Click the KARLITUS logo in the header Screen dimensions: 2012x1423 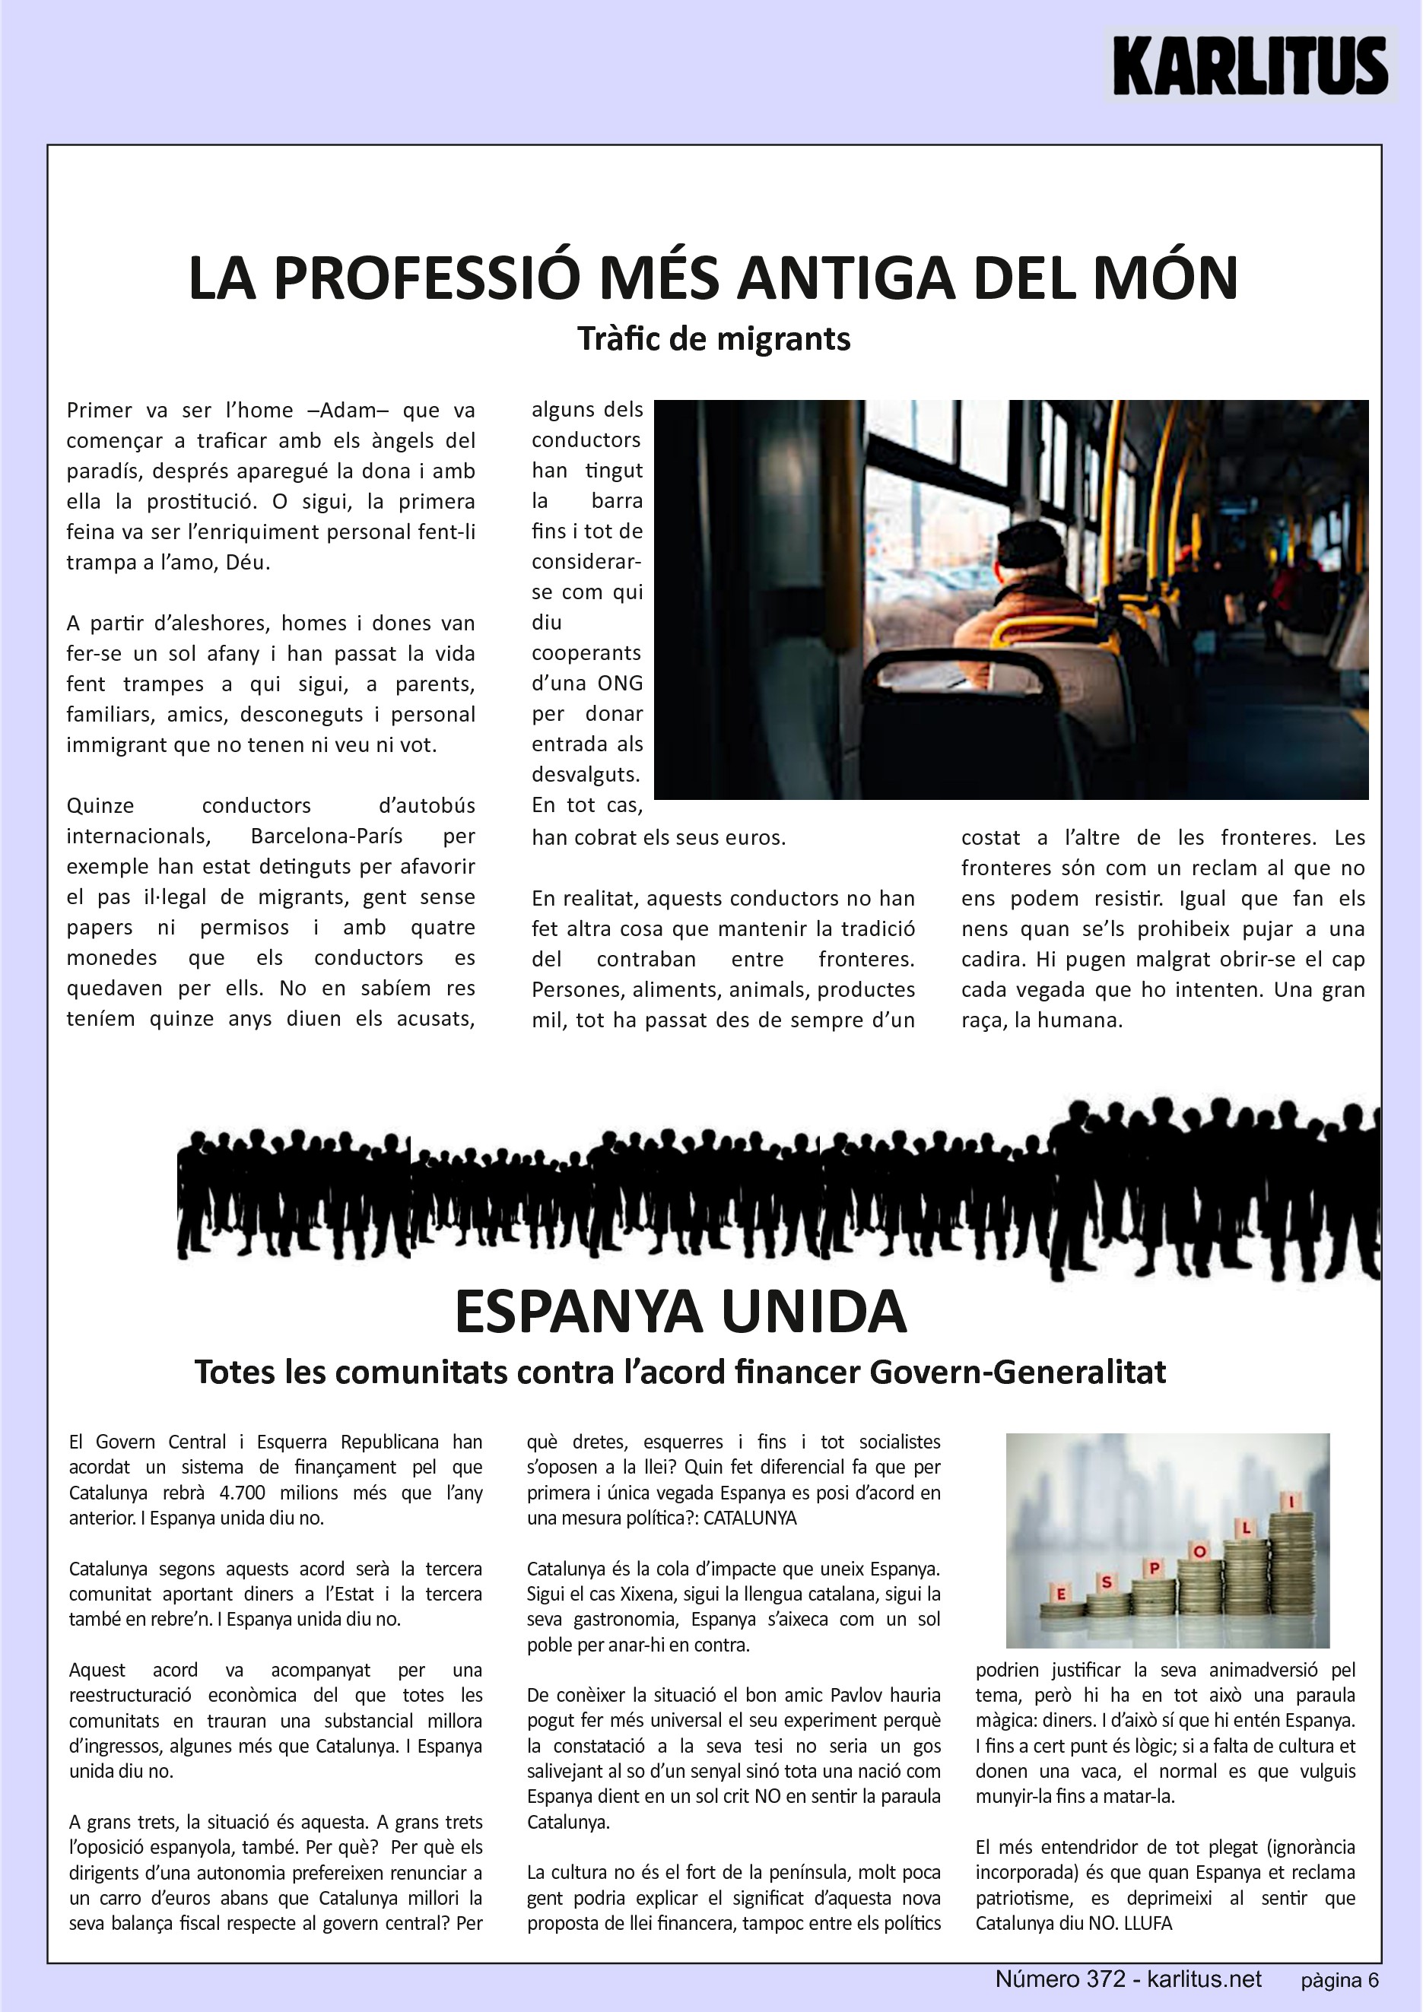coord(1250,65)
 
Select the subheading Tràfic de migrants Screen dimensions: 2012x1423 coord(713,339)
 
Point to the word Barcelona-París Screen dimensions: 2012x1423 coord(326,836)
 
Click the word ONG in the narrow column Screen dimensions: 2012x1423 coord(620,684)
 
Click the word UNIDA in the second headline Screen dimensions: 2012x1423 coord(814,1312)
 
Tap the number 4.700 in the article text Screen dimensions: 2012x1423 coord(242,1493)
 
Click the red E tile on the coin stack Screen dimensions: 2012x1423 coord(1061,1593)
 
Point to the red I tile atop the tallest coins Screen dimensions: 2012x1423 coord(1291,1501)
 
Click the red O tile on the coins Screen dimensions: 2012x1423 coord(1199,1552)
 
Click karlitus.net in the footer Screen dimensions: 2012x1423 coord(1204,1979)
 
